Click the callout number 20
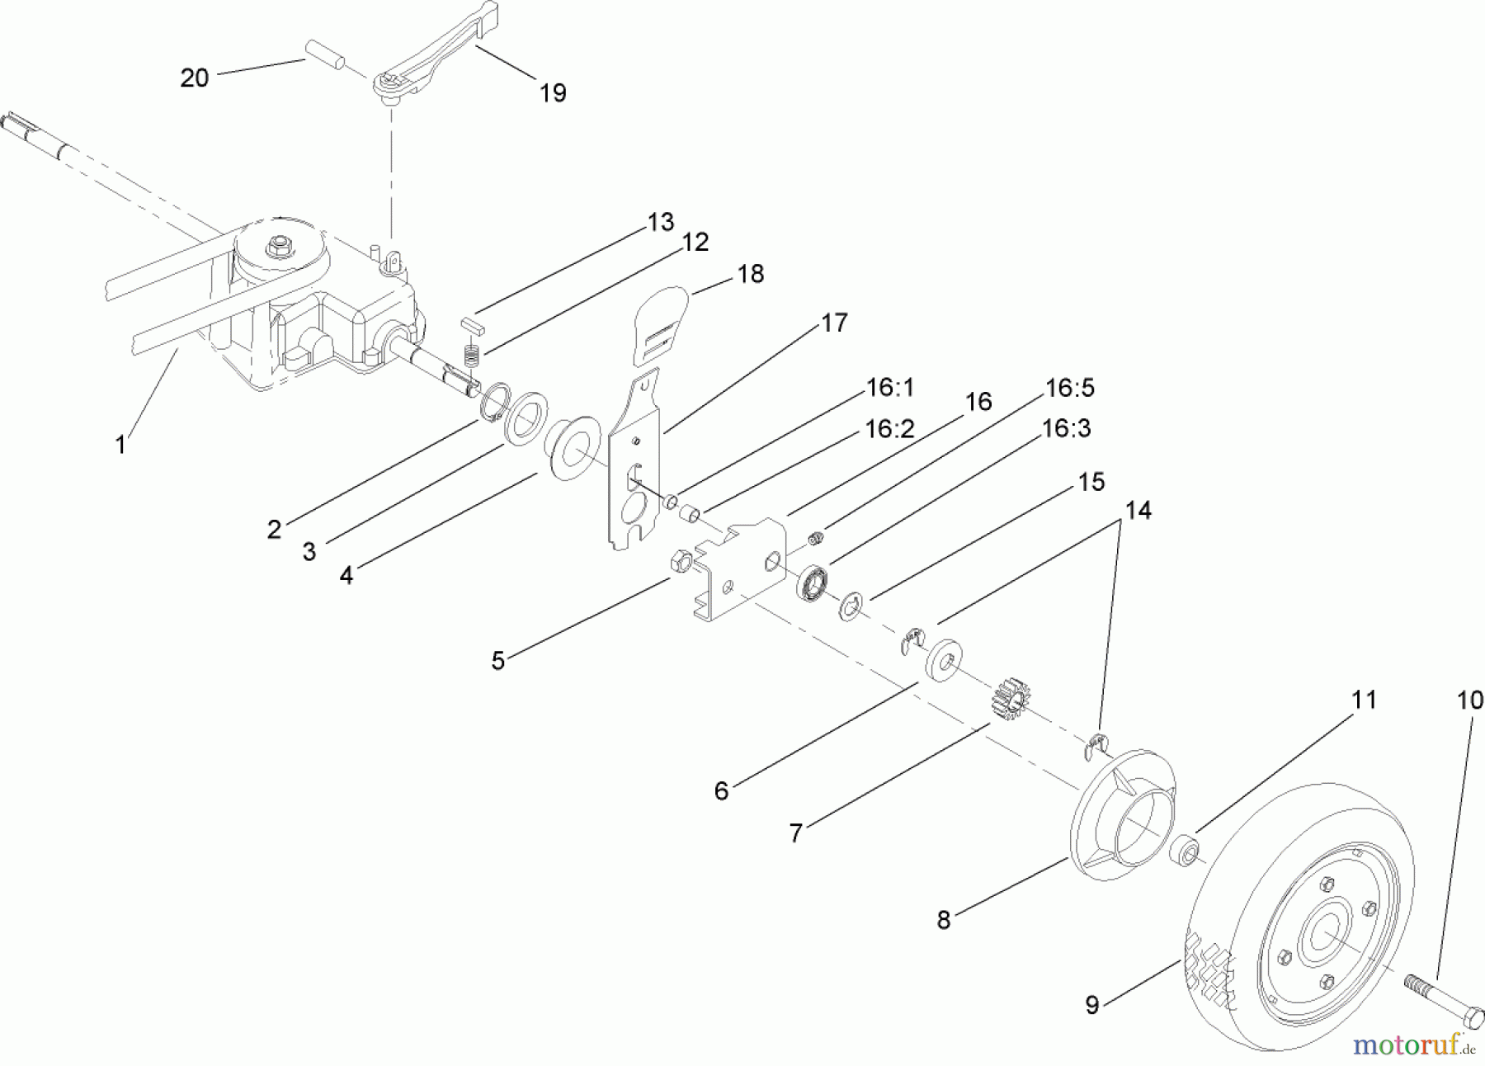(x=194, y=78)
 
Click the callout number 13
(x=661, y=222)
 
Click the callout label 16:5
(x=1070, y=388)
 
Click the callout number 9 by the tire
(x=1091, y=1006)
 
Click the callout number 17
(x=834, y=323)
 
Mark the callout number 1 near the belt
(x=120, y=445)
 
